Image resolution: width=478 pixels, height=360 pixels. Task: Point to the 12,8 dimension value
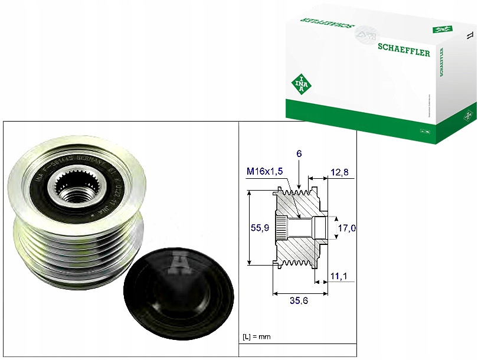coord(340,172)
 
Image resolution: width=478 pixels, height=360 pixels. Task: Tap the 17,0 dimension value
coord(346,227)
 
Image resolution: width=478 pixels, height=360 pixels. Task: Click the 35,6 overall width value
coord(300,300)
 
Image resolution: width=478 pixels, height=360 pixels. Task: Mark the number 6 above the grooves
coord(300,153)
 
